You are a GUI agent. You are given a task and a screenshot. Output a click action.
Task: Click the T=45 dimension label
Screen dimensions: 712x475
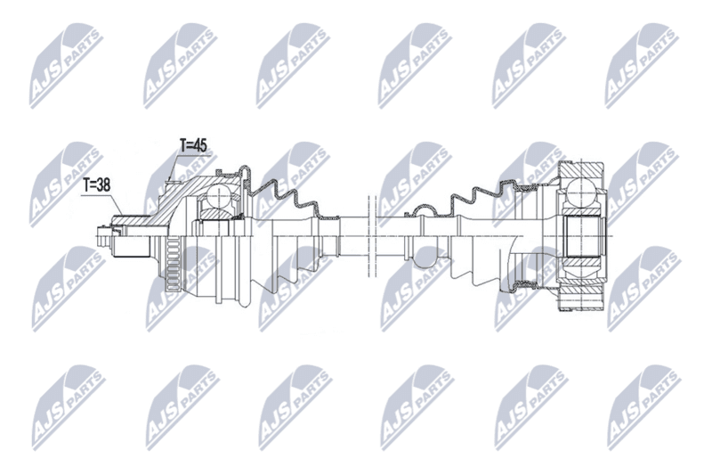point(193,145)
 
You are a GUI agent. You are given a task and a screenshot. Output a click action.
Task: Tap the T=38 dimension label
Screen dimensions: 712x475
point(97,184)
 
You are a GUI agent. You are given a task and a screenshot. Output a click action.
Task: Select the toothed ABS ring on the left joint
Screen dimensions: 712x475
point(173,265)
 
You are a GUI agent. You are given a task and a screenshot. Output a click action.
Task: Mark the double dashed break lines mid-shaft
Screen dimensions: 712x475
point(371,235)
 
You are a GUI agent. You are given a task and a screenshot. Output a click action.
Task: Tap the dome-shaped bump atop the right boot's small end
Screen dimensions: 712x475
point(424,209)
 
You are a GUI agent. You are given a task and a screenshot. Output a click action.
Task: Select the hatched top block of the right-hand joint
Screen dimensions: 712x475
point(581,170)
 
